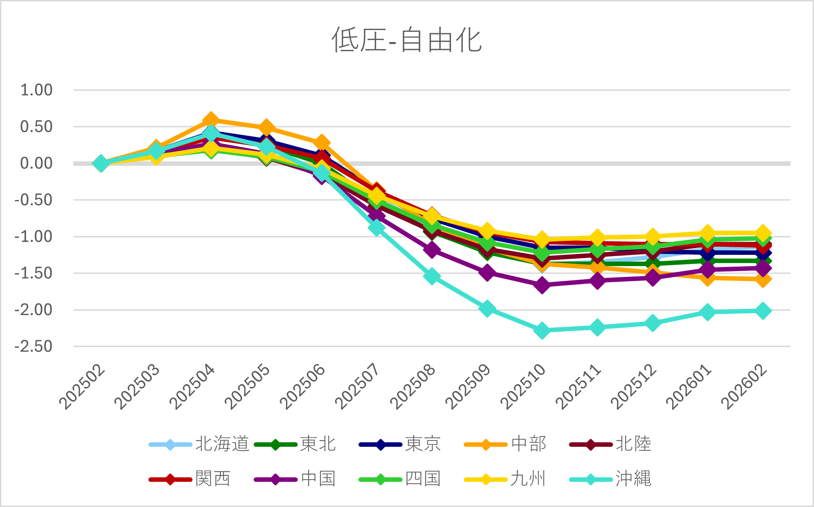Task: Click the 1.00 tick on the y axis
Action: pos(36,90)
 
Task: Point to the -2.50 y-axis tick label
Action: pos(34,347)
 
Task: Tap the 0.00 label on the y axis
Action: pos(36,163)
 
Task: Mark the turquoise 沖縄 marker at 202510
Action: pos(542,330)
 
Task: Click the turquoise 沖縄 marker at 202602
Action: pos(763,311)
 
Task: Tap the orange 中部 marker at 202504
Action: pos(211,120)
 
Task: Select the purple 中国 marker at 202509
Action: pos(487,272)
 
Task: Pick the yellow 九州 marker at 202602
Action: pos(763,233)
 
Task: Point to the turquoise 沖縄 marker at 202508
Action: pos(432,276)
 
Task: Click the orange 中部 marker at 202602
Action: pos(763,280)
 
